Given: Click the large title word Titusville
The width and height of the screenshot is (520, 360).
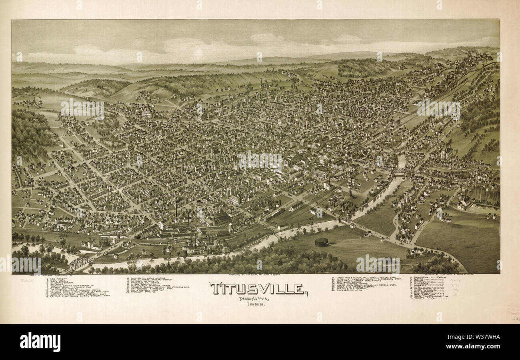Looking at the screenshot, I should coord(258,288).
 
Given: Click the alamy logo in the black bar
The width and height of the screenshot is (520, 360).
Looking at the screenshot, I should coord(40,342).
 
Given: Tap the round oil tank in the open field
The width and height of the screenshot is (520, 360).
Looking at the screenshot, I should coord(322,242).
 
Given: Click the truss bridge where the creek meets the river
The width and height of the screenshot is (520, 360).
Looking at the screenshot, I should coord(345,219).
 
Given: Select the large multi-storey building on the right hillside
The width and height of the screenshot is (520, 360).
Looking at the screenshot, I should coord(447,152).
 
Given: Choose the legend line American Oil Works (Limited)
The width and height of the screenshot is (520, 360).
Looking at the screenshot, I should coord(150,277).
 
